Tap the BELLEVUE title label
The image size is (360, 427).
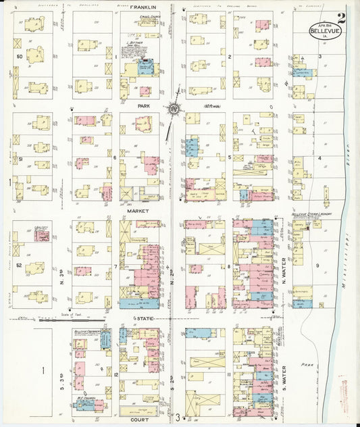(323, 30)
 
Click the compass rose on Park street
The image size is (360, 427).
(174, 107)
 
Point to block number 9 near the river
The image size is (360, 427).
(317, 266)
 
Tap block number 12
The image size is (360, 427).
(116, 374)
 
